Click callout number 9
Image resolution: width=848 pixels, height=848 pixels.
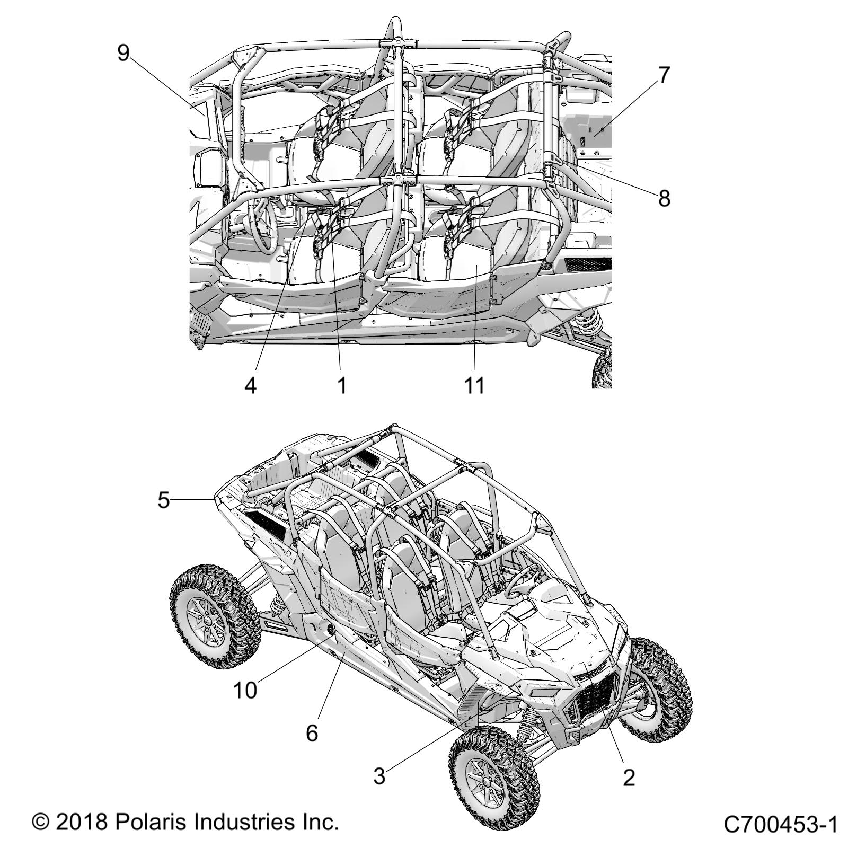pyautogui.click(x=123, y=52)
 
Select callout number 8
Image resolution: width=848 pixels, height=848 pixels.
pyautogui.click(x=664, y=198)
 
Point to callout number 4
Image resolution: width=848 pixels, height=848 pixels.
pyautogui.click(x=251, y=385)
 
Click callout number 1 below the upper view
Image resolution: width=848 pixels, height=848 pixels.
pyautogui.click(x=342, y=385)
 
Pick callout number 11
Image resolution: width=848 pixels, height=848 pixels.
pyautogui.click(x=474, y=385)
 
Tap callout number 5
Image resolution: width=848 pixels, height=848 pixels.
pyautogui.click(x=164, y=500)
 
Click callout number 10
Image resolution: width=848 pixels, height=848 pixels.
pyautogui.click(x=245, y=690)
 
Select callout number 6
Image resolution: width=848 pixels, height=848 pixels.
pyautogui.click(x=312, y=732)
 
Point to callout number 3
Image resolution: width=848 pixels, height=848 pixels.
pyautogui.click(x=379, y=777)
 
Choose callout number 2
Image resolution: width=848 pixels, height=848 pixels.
pyautogui.click(x=629, y=778)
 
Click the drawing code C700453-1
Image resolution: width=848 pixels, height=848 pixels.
pyautogui.click(x=780, y=825)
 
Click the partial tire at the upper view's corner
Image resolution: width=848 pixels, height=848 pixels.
pyautogui.click(x=603, y=368)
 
